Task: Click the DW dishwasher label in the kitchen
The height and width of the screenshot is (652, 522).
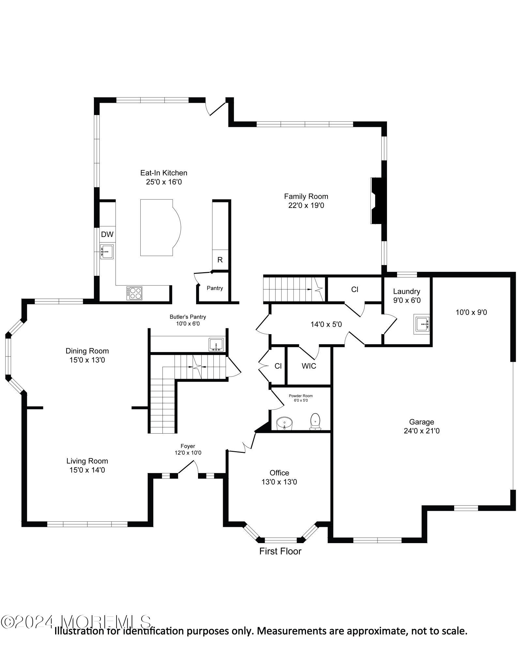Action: pos(107,234)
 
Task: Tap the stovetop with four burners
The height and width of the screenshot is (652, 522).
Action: pos(134,293)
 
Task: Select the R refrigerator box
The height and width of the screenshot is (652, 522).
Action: pos(220,260)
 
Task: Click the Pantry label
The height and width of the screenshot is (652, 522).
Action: pos(215,288)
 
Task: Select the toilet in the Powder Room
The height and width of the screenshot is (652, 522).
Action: pos(315,422)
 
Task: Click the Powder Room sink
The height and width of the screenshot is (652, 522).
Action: pos(284,423)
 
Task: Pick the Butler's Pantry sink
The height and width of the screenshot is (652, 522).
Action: pos(216,345)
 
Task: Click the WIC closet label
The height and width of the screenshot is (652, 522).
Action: pos(309,366)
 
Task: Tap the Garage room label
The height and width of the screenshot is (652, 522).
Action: pos(422,422)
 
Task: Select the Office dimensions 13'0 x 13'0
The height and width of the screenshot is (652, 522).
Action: pos(279,482)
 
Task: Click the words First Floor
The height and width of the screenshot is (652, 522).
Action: pos(280,551)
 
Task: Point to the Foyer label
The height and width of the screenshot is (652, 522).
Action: pos(188,446)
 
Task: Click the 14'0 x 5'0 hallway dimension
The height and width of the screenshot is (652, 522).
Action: pos(326,324)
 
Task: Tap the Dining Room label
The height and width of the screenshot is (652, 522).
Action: pos(87,351)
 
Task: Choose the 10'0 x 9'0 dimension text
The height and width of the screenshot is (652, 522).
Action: pos(471,312)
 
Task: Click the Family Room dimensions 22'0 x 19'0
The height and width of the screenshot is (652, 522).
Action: pos(306,205)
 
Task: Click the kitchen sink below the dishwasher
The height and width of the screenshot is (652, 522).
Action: pos(107,251)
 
